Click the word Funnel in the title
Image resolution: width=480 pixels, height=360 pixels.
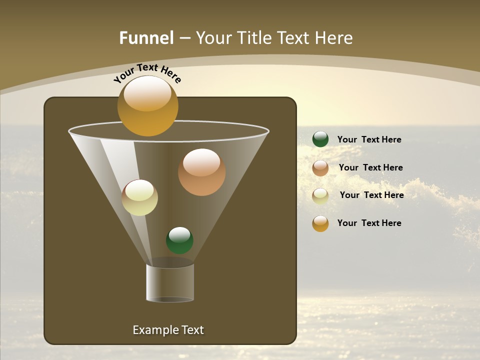[x=146, y=38]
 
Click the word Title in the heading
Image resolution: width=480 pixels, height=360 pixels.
[x=254, y=38]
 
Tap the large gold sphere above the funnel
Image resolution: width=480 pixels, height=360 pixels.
[x=147, y=106]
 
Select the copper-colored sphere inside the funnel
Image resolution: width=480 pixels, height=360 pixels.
[x=201, y=172]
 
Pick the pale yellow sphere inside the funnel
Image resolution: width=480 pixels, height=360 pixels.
[x=139, y=197]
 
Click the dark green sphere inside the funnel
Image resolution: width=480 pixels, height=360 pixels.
[x=179, y=240]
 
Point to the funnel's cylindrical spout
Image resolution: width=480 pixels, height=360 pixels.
[x=170, y=282]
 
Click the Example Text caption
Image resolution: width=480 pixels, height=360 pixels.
[x=168, y=330]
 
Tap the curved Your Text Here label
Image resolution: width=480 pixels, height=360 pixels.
[x=147, y=73]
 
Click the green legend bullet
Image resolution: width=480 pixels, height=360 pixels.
[x=320, y=139]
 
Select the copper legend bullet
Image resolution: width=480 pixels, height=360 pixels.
[x=320, y=168]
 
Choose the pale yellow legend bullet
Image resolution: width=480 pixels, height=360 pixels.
[x=320, y=196]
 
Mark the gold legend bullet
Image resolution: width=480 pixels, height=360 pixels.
[x=320, y=223]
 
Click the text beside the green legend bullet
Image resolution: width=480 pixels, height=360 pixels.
[x=369, y=139]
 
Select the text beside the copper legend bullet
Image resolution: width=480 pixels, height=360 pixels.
[x=370, y=167]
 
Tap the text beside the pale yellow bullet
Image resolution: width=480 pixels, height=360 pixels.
[x=371, y=195]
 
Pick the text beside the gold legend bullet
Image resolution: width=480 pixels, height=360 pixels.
[x=369, y=223]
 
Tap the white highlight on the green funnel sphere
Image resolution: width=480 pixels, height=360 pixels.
[x=179, y=234]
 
